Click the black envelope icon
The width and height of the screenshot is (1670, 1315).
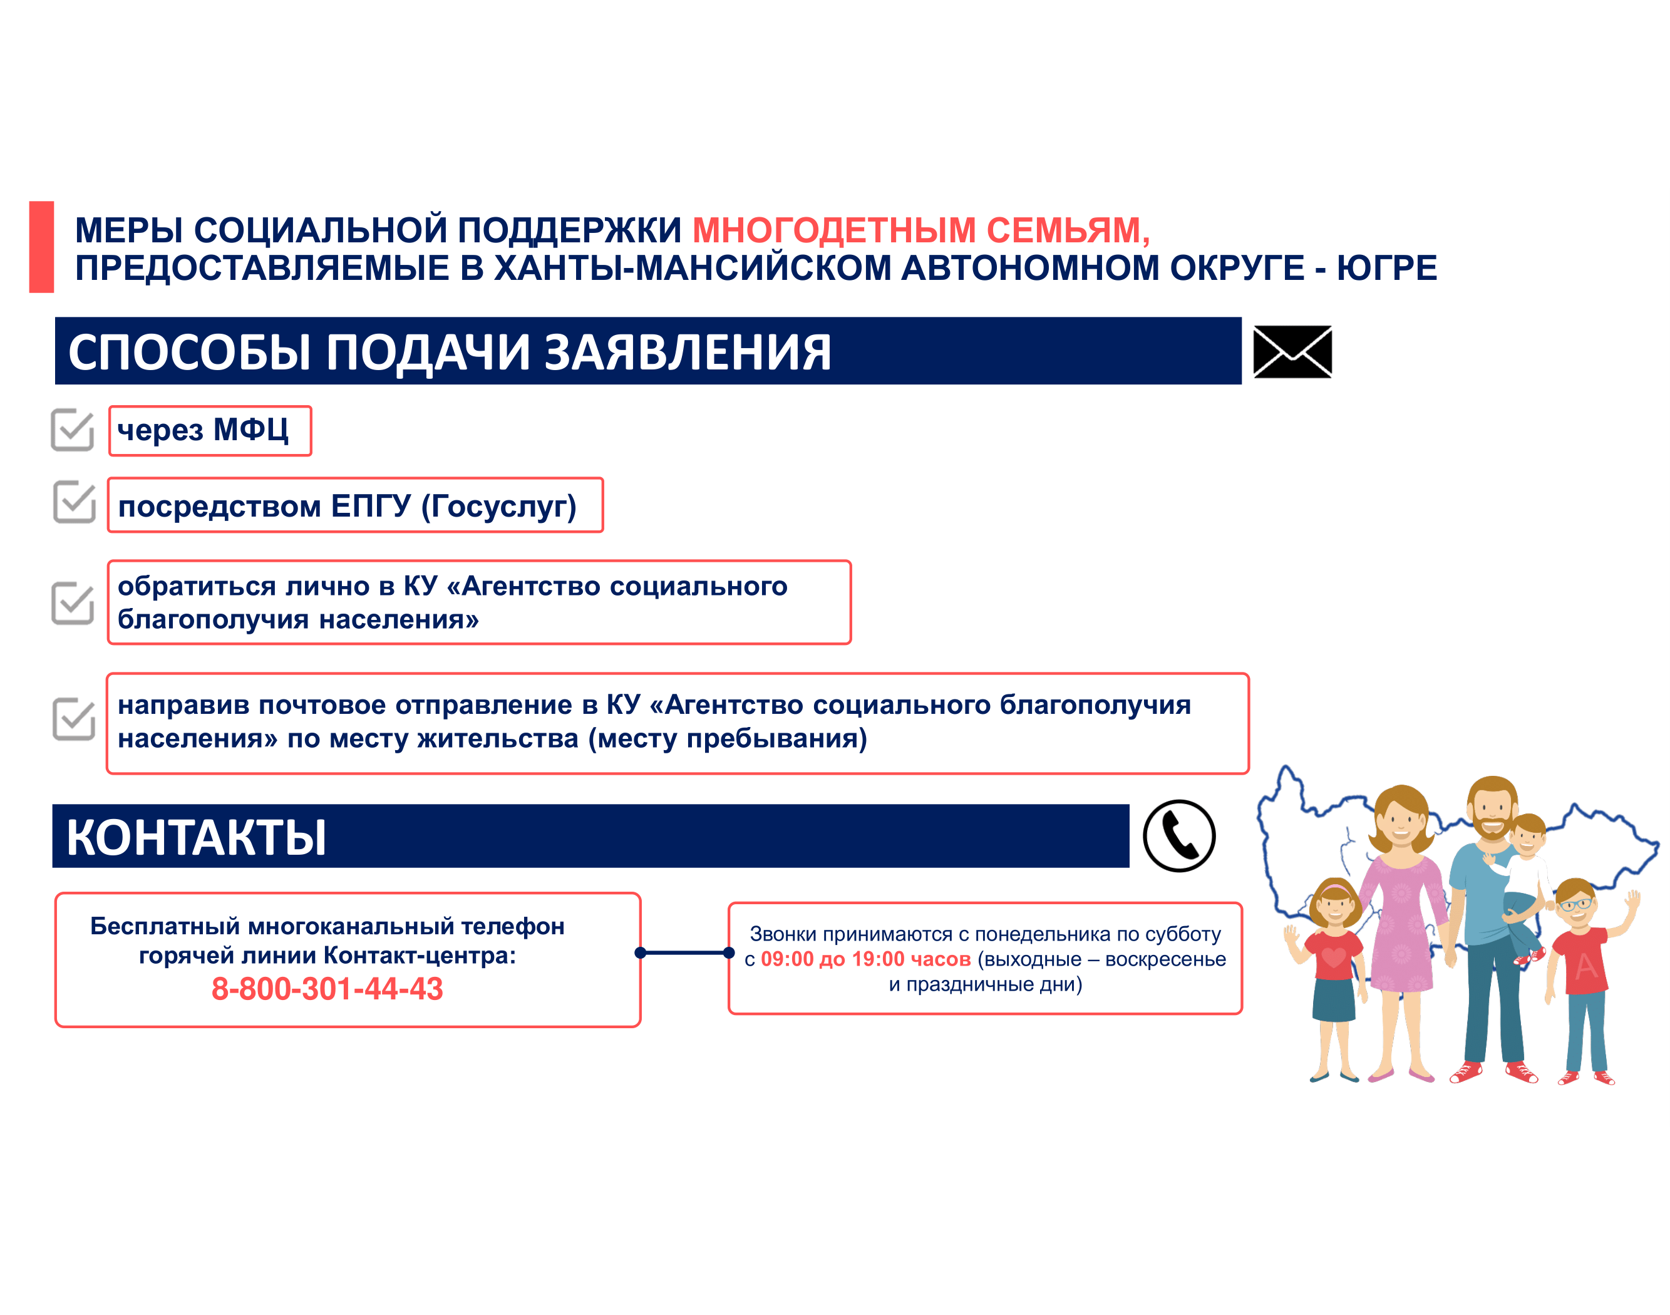1292,352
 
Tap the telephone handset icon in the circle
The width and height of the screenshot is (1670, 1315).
1179,836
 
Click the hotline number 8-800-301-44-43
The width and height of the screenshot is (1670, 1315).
327,989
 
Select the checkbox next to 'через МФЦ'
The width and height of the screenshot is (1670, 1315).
73,430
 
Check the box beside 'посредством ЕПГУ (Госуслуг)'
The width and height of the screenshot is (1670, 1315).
74,502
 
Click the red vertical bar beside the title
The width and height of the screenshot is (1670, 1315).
41,247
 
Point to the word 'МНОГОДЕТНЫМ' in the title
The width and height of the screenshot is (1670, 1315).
834,230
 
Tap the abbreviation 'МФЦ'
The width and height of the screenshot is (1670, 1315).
251,429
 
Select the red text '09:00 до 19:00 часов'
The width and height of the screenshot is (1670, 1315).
865,959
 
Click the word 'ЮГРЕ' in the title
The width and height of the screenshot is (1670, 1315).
1386,268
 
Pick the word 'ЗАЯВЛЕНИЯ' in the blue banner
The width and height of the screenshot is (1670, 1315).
688,353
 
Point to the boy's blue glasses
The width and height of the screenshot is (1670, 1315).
1575,904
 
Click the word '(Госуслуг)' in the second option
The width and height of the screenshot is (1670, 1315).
499,507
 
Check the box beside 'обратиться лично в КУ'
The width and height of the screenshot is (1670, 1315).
73,603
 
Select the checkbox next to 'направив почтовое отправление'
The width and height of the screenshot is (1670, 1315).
73,719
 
